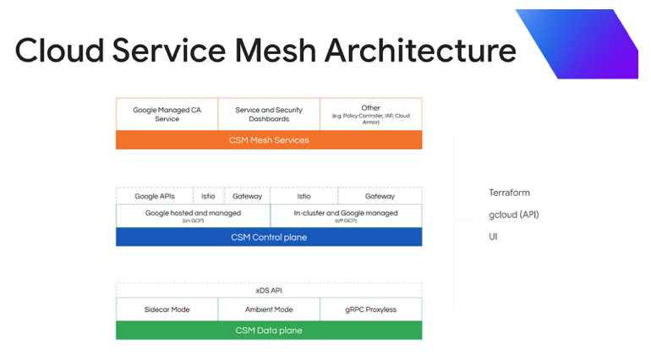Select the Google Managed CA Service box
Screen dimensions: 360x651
pyautogui.click(x=167, y=114)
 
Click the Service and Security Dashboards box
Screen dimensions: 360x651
pyautogui.click(x=269, y=114)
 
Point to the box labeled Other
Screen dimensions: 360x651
pyautogui.click(x=370, y=114)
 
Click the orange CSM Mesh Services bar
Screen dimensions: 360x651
pyautogui.click(x=269, y=140)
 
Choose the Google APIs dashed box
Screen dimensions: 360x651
pyautogui.click(x=155, y=196)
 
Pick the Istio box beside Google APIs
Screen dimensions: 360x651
pyautogui.click(x=208, y=196)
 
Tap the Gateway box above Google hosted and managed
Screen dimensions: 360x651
pyautogui.click(x=247, y=196)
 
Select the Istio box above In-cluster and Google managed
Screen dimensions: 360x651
pyautogui.click(x=304, y=196)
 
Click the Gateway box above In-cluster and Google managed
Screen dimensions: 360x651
pyautogui.click(x=380, y=196)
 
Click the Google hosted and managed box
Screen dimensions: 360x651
pyautogui.click(x=193, y=215)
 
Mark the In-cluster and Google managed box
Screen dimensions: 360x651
pyautogui.click(x=345, y=215)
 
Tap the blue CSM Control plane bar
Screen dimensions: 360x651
pyautogui.click(x=269, y=237)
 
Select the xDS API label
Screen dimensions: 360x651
pyautogui.click(x=269, y=290)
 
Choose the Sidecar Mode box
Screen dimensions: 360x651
pyautogui.click(x=167, y=309)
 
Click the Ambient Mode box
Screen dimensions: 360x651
pyautogui.click(x=269, y=309)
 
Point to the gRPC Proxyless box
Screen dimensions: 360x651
pyautogui.click(x=370, y=309)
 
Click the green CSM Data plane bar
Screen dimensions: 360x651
pyautogui.click(x=269, y=330)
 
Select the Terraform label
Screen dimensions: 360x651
pyautogui.click(x=509, y=193)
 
